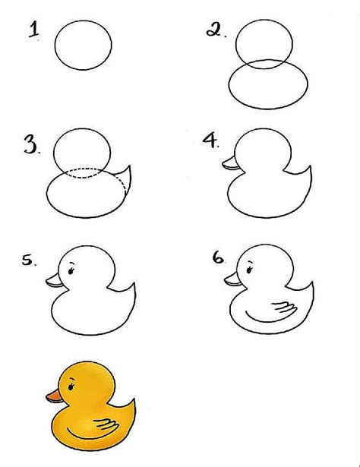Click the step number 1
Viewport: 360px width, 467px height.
pos(33,31)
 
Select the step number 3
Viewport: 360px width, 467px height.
pos(31,146)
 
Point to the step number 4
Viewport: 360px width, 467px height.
pos(210,141)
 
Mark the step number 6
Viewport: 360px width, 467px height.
pos(219,258)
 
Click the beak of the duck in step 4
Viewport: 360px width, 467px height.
pos(229,163)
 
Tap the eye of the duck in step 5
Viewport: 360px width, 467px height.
pos(72,270)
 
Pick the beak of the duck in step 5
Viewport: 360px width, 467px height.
pos(52,281)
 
